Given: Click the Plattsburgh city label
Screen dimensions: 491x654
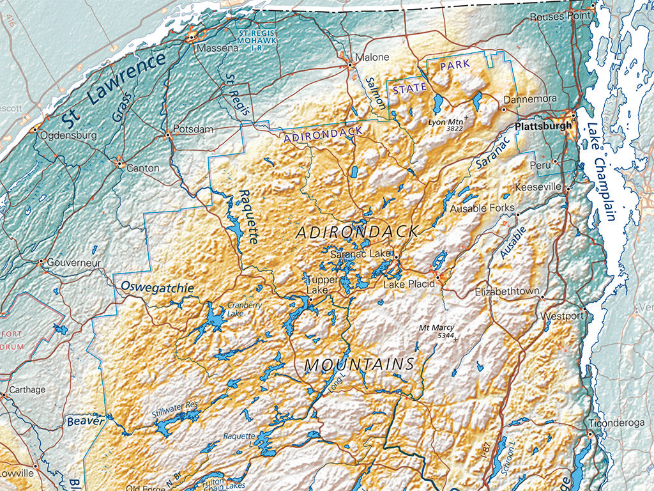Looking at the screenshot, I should pos(544,126).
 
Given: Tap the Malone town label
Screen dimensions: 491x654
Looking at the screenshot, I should pos(372,57).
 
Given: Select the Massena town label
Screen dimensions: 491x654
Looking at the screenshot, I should pos(217,48).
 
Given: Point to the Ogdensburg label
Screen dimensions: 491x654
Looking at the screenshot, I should pos(68,136).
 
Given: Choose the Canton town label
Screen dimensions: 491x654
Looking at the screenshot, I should pos(143,168).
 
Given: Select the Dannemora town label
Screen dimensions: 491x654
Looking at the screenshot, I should pos(530,100).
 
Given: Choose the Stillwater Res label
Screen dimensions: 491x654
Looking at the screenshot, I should pos(176,409).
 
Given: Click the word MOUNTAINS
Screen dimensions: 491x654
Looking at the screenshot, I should pos(360,364).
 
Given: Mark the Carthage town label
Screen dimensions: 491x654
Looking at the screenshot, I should pos(27,389).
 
